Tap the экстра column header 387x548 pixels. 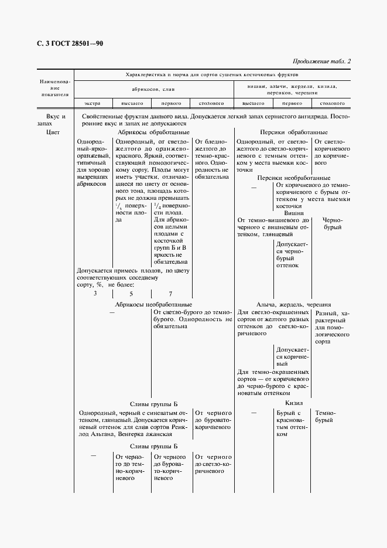tap(93, 104)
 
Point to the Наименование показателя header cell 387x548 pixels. tap(54, 87)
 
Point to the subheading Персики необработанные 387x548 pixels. tap(294, 178)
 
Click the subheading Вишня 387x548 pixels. tap(294, 213)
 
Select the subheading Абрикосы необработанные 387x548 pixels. tap(153, 304)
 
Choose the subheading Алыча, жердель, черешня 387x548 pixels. tap(294, 304)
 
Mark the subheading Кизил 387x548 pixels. tap(294, 403)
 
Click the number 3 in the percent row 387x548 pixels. tap(95, 293)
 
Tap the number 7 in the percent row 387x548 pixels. tap(170, 293)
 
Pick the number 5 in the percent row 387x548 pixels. tap(131, 293)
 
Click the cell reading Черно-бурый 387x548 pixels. tap(332, 223)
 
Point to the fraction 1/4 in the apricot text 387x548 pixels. tap(156, 205)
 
